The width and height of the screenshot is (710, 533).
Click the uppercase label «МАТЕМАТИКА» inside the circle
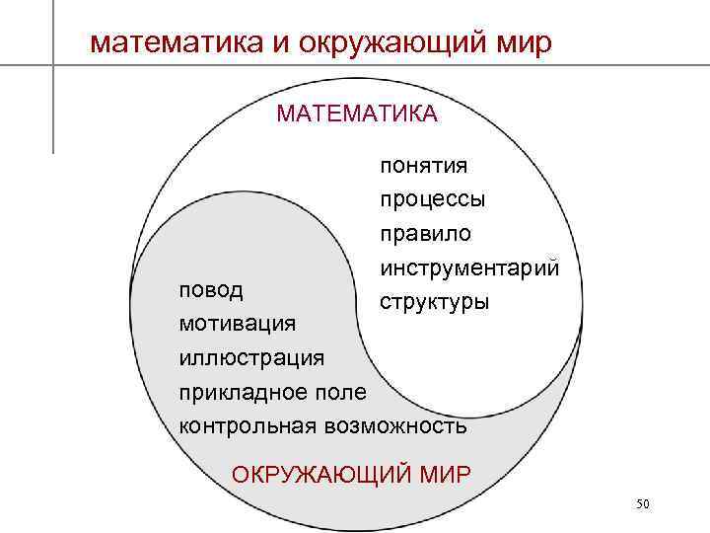(x=357, y=114)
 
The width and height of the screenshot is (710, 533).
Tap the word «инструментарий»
(x=468, y=267)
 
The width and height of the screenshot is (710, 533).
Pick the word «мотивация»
(x=237, y=323)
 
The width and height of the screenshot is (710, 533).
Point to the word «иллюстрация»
(x=250, y=356)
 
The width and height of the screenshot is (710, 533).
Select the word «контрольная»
(x=246, y=425)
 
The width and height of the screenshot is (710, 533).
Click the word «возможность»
(x=394, y=425)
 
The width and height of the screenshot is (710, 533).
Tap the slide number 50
(x=643, y=504)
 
